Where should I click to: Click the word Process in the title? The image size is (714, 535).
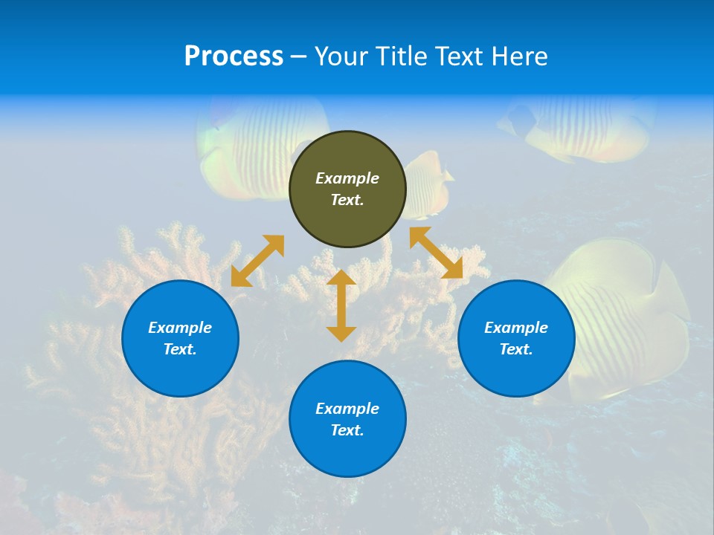[x=234, y=56]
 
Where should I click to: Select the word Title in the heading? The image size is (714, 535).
[x=404, y=56]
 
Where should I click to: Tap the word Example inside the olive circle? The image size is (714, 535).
[x=347, y=178]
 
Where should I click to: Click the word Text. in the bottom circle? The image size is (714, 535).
[x=347, y=430]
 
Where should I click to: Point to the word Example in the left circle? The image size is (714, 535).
[x=180, y=328]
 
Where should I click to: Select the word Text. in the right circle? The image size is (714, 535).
[x=516, y=349]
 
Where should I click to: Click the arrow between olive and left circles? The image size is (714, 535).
[x=257, y=261]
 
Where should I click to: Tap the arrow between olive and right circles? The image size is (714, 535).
[x=437, y=253]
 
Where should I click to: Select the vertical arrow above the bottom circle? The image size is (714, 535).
[x=341, y=305]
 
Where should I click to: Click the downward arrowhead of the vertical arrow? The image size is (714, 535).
[x=341, y=334]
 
